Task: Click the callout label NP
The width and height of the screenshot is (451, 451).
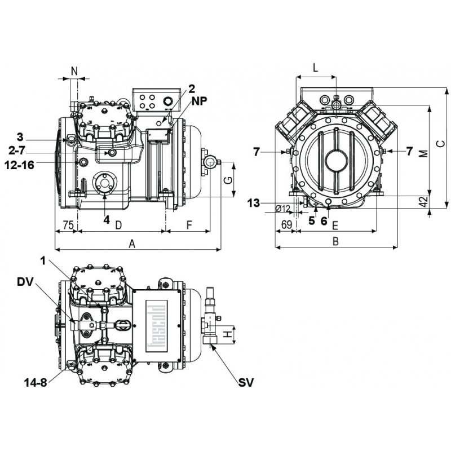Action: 198,103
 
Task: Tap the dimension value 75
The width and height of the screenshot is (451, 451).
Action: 67,225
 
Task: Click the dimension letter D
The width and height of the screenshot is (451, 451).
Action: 118,225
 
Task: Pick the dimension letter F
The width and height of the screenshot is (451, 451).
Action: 189,225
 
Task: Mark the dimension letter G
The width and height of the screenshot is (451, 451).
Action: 228,180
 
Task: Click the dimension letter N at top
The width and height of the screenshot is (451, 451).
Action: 74,70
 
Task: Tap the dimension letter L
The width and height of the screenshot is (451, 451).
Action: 315,67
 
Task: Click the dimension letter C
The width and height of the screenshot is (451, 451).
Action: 443,143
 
